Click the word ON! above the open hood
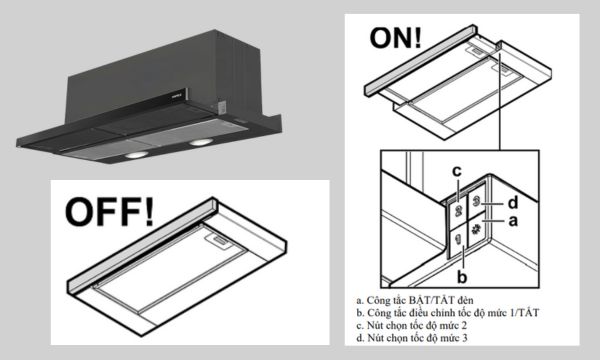[x=395, y=38]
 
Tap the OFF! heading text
[x=109, y=212]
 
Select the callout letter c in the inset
[x=457, y=171]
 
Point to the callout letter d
[x=513, y=203]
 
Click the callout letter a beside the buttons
[x=513, y=221]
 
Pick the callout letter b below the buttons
[x=462, y=276]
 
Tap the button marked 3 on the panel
[x=476, y=201]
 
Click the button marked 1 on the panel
[x=458, y=242]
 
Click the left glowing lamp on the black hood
[x=136, y=155]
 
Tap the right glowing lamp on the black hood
[x=200, y=142]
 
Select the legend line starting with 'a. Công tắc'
[x=414, y=300]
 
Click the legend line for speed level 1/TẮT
[x=447, y=313]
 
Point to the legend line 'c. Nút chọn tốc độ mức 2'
[x=411, y=326]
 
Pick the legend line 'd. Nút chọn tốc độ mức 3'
[x=411, y=338]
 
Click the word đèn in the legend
[x=465, y=300]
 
